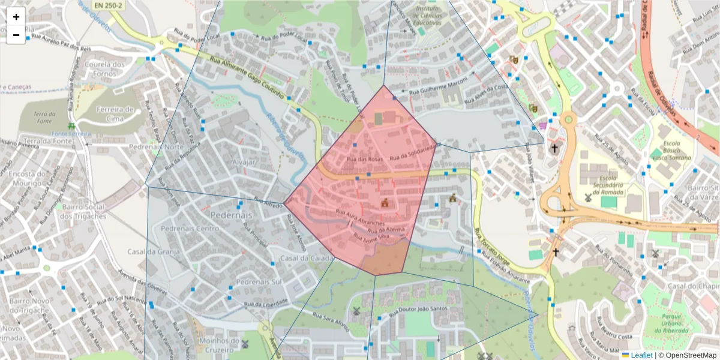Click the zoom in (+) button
coord(16,17)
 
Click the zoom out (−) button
coord(16,35)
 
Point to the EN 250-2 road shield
coord(108,5)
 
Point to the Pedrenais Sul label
coord(259,281)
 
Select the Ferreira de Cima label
coord(114,113)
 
